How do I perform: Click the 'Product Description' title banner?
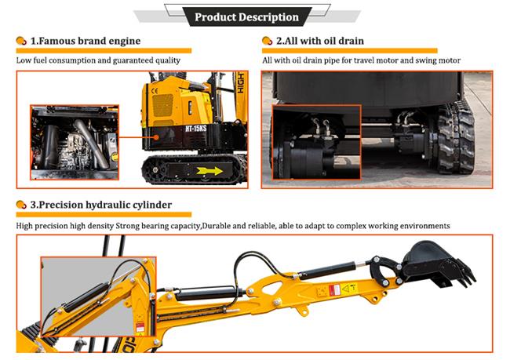pyautogui.click(x=246, y=16)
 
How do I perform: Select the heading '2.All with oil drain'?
pyautogui.click(x=317, y=41)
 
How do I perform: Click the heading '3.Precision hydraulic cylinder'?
pyautogui.click(x=100, y=205)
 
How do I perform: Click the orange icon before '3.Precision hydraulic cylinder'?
pyautogui.click(x=21, y=205)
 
